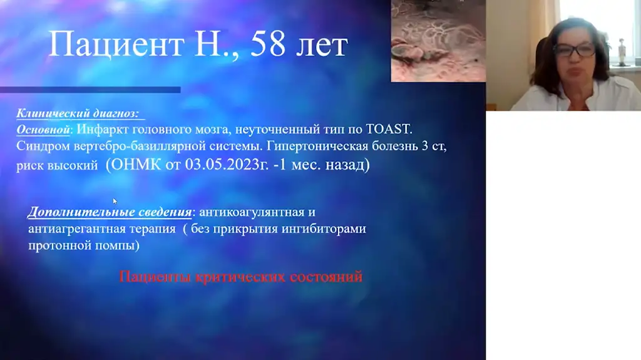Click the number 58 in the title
coord(268,44)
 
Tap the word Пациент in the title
coord(116,44)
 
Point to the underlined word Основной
coord(43,130)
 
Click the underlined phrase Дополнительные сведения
coord(110,212)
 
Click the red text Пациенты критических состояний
coord(241,277)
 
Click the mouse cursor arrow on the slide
coord(115,201)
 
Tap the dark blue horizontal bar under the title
coord(90,90)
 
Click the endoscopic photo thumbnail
coord(438,41)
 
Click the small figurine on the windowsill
coord(622,51)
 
